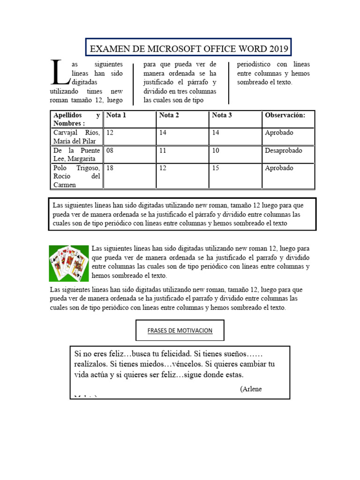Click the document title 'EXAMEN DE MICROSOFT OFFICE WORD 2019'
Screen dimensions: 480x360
pos(189,48)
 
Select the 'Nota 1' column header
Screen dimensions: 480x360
pos(116,115)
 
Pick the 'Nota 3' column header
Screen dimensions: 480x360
pos(222,115)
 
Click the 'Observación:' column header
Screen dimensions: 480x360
pos(285,115)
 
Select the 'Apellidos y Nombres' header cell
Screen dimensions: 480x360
pos(76,119)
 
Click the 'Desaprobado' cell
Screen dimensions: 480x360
pos(284,150)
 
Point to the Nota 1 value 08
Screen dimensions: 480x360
pos(110,150)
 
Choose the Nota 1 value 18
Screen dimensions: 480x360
pos(110,168)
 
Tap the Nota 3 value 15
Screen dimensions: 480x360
pos(216,168)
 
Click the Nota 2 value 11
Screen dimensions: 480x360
pos(163,150)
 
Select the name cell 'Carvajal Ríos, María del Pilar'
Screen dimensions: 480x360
pos(76,137)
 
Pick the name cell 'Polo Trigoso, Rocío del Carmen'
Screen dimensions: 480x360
pos(76,176)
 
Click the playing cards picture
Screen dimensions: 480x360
pos(69,263)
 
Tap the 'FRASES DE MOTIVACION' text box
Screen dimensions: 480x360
pos(180,330)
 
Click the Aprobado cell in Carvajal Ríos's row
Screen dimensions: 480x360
pos(279,133)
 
